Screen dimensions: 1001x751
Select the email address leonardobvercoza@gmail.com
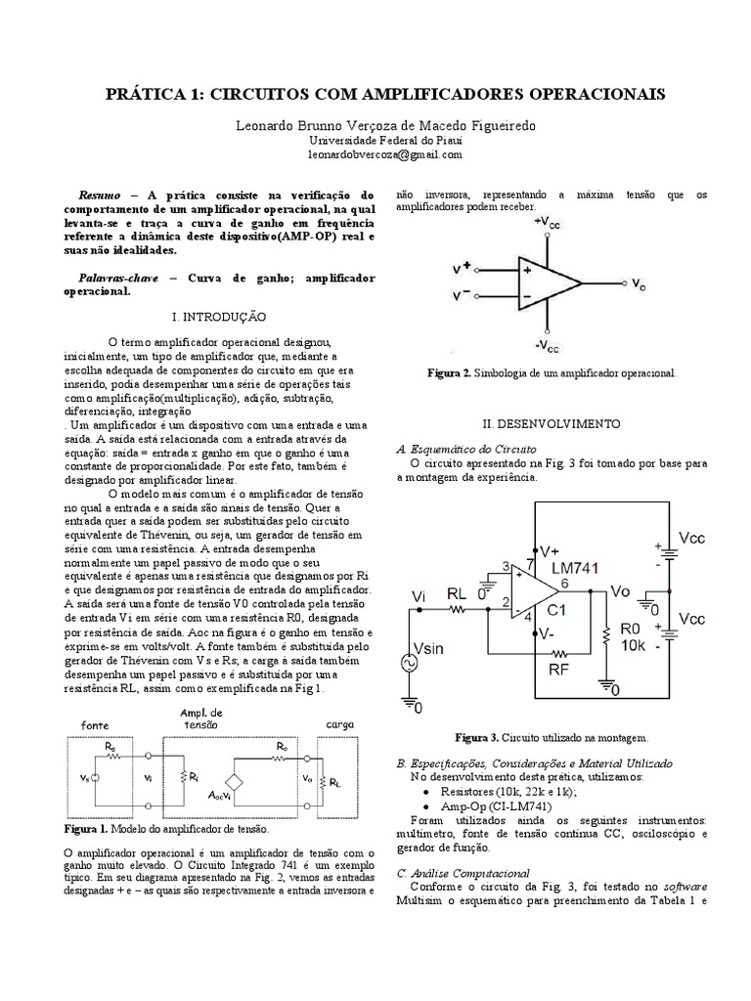pyautogui.click(x=375, y=154)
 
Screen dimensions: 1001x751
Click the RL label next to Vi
pyautogui.click(x=457, y=592)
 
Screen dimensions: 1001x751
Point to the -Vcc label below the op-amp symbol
pyautogui.click(x=549, y=345)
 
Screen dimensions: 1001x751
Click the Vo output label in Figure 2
pyautogui.click(x=638, y=284)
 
